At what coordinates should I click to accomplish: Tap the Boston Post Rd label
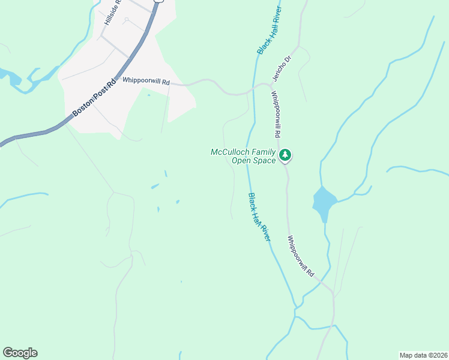[93, 96]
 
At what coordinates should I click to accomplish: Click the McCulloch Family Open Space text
[243, 156]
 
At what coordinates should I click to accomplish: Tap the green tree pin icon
[286, 155]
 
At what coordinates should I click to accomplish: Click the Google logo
[20, 353]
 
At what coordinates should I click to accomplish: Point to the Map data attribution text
[423, 355]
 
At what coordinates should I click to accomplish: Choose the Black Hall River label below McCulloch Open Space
[259, 217]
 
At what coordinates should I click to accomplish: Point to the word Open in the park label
[242, 160]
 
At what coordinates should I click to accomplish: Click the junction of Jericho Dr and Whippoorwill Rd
[270, 86]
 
